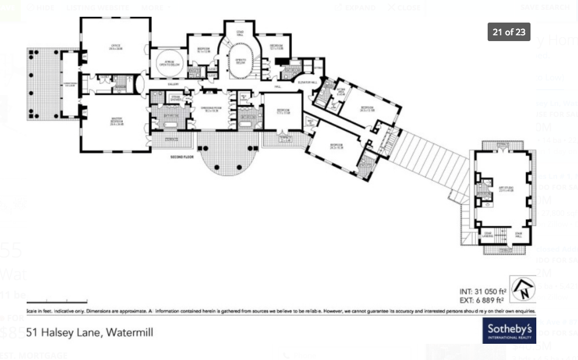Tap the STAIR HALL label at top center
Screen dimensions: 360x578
tap(239, 33)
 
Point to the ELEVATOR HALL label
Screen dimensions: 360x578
tap(307, 83)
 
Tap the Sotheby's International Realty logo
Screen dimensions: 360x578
tap(509, 331)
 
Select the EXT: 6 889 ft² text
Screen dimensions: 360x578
tap(482, 300)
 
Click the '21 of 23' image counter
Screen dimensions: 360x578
tap(509, 32)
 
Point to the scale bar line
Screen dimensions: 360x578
tap(57, 302)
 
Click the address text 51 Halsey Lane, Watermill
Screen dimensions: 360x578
tap(90, 333)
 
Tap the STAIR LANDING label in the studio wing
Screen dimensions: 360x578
tap(489, 235)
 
